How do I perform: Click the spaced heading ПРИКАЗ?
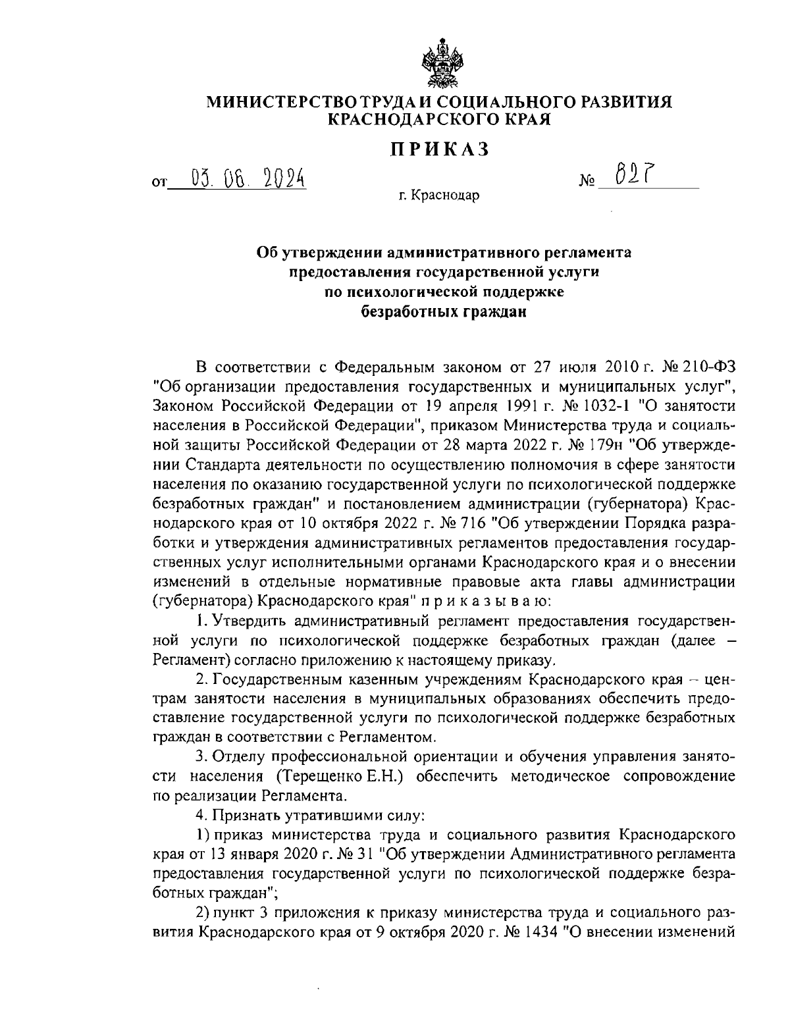440,149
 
